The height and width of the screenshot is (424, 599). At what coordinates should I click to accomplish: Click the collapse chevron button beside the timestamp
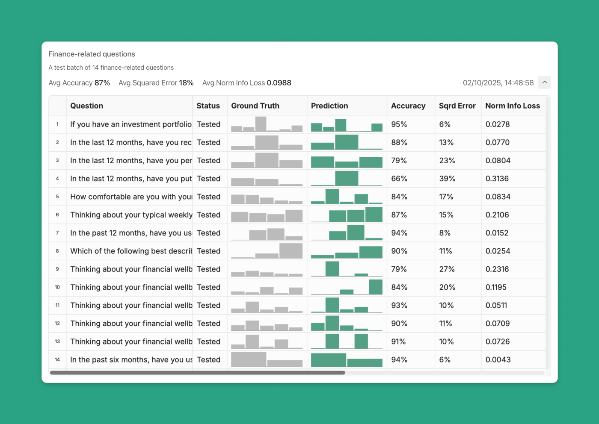[x=544, y=82]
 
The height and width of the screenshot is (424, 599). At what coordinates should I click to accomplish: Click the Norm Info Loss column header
[x=513, y=106]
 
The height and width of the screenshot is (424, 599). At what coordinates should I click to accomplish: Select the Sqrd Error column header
[x=457, y=106]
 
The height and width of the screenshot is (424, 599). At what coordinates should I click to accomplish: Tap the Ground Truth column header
[x=255, y=106]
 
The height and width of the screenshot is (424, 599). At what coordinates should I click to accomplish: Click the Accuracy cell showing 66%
[x=399, y=179]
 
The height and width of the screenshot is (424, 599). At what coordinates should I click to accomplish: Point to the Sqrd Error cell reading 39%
[x=447, y=179]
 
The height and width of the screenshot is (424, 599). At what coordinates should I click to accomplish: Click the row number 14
[x=57, y=359]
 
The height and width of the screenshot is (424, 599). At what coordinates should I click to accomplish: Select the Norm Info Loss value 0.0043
[x=498, y=359]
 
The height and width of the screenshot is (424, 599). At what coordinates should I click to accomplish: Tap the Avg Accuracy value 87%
[x=102, y=83]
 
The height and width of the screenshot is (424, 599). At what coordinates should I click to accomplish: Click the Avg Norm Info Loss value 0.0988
[x=279, y=83]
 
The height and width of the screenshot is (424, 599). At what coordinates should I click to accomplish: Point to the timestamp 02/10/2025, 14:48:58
[x=498, y=83]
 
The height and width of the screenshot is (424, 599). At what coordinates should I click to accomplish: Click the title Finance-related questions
[x=92, y=54]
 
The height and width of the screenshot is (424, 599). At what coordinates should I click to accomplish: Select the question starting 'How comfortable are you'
[x=131, y=197]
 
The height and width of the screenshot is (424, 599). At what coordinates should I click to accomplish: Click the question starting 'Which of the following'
[x=131, y=251]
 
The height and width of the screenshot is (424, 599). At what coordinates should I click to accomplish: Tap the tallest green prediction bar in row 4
[x=347, y=178]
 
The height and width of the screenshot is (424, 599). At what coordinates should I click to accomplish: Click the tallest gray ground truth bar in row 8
[x=291, y=251]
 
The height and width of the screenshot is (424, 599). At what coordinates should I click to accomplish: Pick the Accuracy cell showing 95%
[x=399, y=124]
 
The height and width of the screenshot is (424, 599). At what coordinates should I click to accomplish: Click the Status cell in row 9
[x=209, y=269]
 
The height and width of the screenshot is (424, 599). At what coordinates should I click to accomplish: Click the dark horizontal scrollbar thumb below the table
[x=197, y=373]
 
